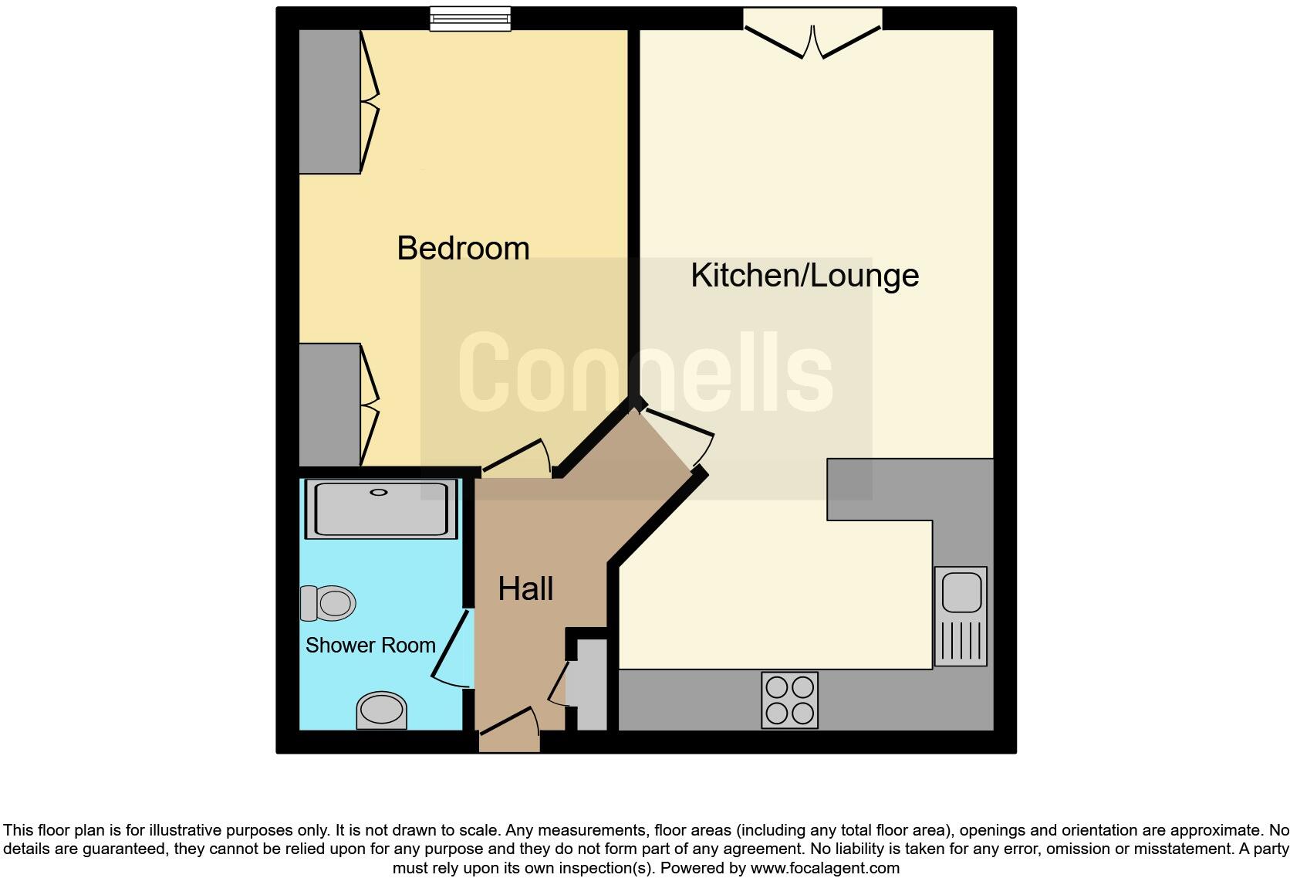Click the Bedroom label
(x=463, y=249)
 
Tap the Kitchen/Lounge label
(x=805, y=276)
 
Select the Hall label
(x=525, y=589)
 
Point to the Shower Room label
(x=370, y=646)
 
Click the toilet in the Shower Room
(x=328, y=603)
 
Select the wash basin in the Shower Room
(x=381, y=710)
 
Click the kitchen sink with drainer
(x=961, y=616)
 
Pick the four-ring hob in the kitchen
(x=789, y=700)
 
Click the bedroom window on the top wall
(x=470, y=19)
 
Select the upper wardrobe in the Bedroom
(x=330, y=101)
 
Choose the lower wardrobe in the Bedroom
(x=330, y=405)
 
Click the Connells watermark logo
(x=645, y=373)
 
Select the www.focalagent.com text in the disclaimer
(x=825, y=868)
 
